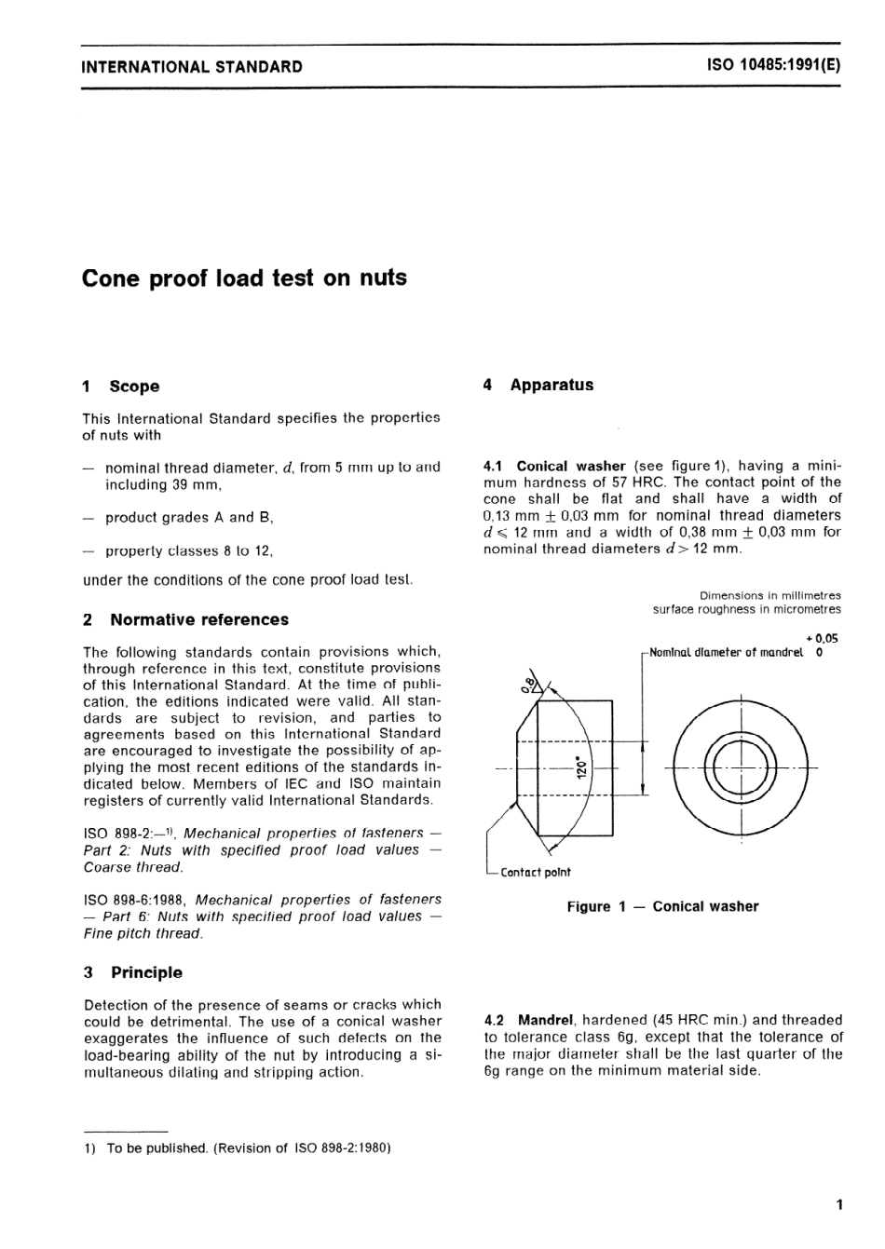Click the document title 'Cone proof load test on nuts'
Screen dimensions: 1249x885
(x=244, y=278)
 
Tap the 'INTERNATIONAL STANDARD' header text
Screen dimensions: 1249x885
(x=192, y=66)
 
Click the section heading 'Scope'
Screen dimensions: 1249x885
(x=134, y=387)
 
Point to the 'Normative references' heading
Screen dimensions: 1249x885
(x=199, y=619)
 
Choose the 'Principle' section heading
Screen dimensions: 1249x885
(x=146, y=972)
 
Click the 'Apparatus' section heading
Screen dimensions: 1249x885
(x=551, y=385)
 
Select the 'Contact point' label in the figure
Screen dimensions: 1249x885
(x=536, y=873)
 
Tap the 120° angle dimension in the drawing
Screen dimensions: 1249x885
(x=579, y=767)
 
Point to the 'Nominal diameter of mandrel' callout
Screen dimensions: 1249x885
(x=726, y=653)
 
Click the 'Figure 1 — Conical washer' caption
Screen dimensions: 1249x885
(x=662, y=906)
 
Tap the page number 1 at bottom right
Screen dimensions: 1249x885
(x=838, y=1205)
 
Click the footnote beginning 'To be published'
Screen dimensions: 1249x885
(x=248, y=1147)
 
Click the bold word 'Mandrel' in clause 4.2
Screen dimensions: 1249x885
(x=550, y=1020)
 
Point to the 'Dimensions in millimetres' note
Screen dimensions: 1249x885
(x=769, y=595)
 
